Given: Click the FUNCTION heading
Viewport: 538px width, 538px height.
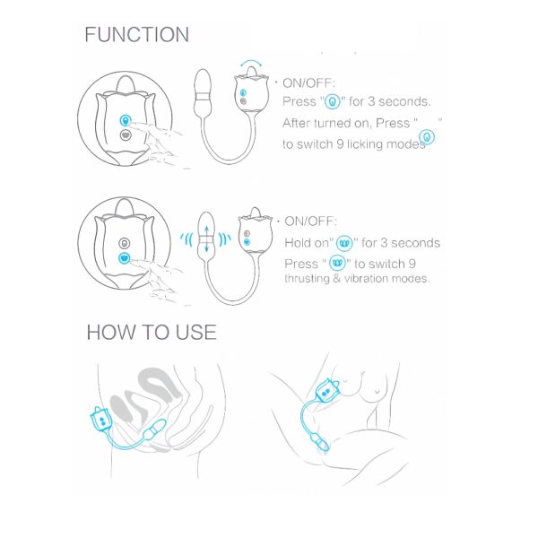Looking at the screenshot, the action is pyautogui.click(x=136, y=35).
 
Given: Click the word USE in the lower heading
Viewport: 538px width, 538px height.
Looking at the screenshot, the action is pyautogui.click(x=195, y=332).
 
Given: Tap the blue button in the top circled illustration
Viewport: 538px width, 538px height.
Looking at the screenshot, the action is pyautogui.click(x=126, y=120).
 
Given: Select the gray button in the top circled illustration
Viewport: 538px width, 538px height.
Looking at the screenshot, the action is pyautogui.click(x=126, y=134).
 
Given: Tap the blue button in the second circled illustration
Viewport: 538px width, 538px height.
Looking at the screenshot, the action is pyautogui.click(x=125, y=258).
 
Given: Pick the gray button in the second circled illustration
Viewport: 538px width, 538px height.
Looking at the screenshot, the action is pyautogui.click(x=125, y=243).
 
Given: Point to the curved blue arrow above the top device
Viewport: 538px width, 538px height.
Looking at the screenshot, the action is pyautogui.click(x=251, y=62).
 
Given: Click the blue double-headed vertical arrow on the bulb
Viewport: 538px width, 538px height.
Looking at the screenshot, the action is pyautogui.click(x=206, y=239).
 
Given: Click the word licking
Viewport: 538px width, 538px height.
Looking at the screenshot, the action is pyautogui.click(x=365, y=144).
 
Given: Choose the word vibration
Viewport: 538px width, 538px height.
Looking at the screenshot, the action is pyautogui.click(x=367, y=278).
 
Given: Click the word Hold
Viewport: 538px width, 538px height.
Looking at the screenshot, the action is pyautogui.click(x=297, y=243).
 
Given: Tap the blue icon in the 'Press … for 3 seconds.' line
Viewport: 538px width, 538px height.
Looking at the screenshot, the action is pyautogui.click(x=332, y=102).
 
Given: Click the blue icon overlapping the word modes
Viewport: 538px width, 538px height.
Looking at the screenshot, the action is pyautogui.click(x=427, y=137).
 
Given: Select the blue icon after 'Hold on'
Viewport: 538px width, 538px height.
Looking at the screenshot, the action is pyautogui.click(x=344, y=244).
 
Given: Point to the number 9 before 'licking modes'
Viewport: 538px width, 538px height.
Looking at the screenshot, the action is pyautogui.click(x=340, y=144).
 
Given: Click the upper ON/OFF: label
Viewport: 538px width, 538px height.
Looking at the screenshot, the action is pyautogui.click(x=308, y=83).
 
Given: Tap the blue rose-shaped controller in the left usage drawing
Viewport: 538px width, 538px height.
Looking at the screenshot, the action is pyautogui.click(x=100, y=420).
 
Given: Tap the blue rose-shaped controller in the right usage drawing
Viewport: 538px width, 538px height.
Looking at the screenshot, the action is pyautogui.click(x=327, y=390).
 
